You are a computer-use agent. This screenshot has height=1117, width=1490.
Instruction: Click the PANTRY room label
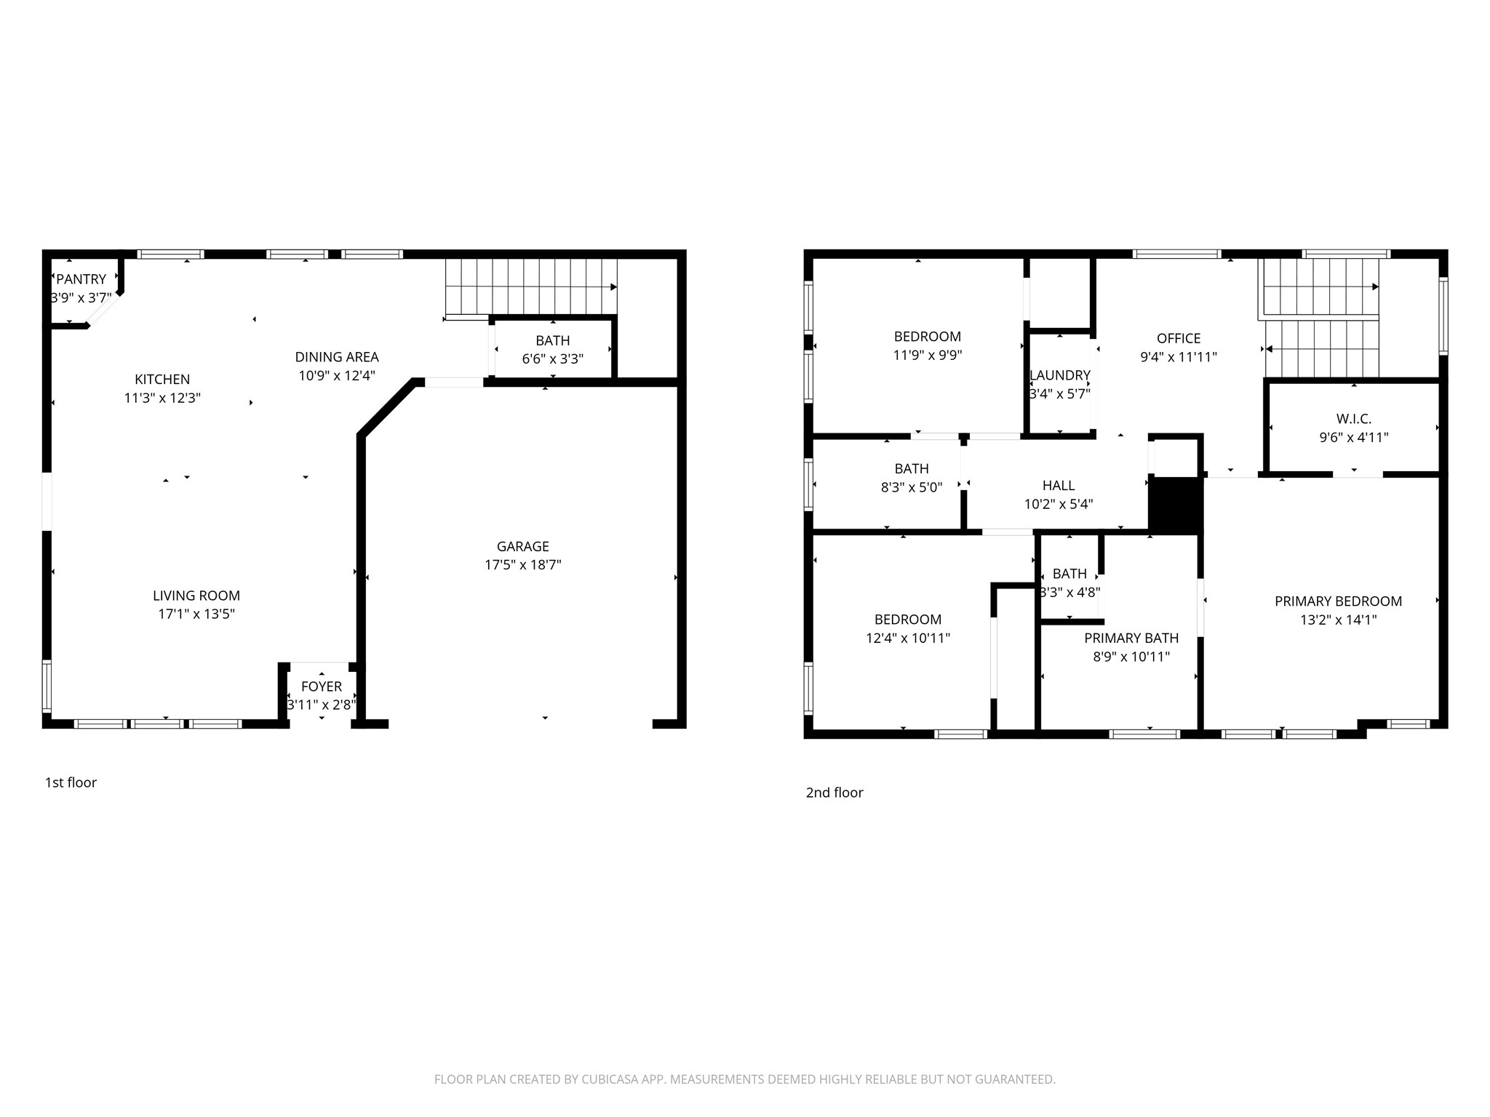coord(81,279)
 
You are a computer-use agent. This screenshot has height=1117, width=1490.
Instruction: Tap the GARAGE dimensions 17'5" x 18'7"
coord(522,565)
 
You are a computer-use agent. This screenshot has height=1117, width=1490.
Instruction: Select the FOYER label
coord(321,686)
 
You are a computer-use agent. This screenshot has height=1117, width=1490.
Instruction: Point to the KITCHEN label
coord(162,380)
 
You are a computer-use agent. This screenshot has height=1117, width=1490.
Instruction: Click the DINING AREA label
coord(336,357)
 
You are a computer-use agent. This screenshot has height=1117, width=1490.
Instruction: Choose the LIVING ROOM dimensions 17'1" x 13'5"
coord(196,614)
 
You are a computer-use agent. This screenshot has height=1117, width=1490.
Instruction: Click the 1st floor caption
coord(71,782)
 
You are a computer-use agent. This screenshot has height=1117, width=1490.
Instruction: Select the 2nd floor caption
coord(834,793)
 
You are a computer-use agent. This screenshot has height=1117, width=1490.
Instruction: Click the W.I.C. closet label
coord(1353,419)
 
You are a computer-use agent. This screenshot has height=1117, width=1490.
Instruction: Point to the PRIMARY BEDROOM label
coord(1338,601)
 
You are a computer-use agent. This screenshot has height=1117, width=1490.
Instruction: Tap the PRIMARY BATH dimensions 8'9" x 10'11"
coord(1131,657)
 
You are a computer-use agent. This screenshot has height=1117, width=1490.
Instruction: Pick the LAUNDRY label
coord(1059,376)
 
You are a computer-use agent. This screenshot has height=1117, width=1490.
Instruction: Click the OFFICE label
coord(1178,339)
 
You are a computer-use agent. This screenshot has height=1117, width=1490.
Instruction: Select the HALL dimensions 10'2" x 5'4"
coord(1058,505)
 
